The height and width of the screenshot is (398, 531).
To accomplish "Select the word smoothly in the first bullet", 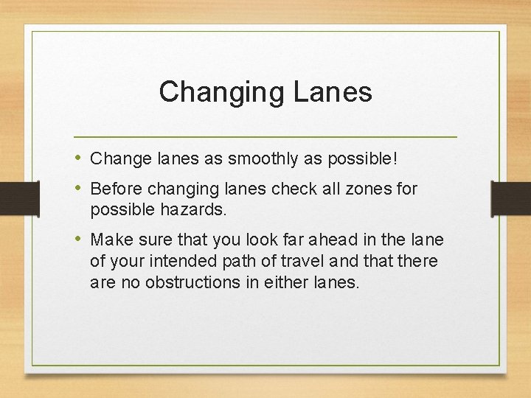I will point(254,158).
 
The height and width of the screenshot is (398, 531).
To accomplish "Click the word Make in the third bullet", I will point(108,240).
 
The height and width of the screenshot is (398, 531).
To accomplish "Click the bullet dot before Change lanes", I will point(79,157).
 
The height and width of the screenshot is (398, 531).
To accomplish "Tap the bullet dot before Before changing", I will point(79,188).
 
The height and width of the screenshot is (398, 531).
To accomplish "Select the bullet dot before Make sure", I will point(79,240).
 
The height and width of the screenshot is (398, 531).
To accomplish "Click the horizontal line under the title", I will point(265,137).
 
